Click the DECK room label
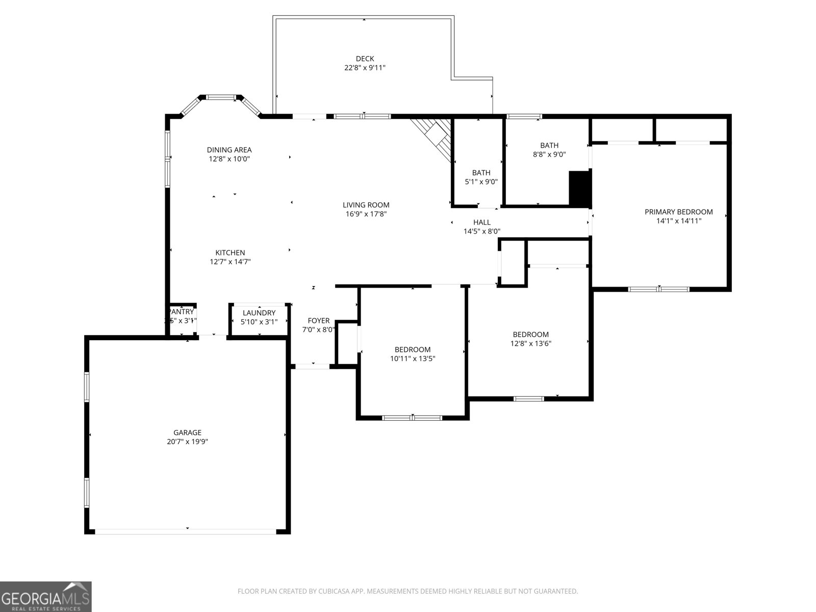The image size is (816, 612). pyautogui.click(x=365, y=59)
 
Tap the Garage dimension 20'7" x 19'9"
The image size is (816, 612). pyautogui.click(x=187, y=442)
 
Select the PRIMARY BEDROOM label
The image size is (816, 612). pyautogui.click(x=678, y=212)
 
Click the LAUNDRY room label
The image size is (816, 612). pyautogui.click(x=259, y=313)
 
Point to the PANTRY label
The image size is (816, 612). pyautogui.click(x=182, y=312)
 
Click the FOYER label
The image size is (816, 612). pyautogui.click(x=319, y=321)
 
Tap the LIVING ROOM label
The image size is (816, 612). pyautogui.click(x=366, y=205)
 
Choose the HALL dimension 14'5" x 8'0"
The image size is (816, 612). pyautogui.click(x=481, y=231)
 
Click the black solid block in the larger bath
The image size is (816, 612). pyautogui.click(x=579, y=189)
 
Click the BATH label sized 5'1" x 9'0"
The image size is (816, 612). pyautogui.click(x=481, y=173)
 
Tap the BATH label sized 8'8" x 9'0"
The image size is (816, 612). pyautogui.click(x=549, y=145)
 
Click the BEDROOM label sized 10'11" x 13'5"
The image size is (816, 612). pyautogui.click(x=412, y=349)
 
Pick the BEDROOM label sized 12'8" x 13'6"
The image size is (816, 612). pyautogui.click(x=530, y=335)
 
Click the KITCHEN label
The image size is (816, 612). pyautogui.click(x=230, y=252)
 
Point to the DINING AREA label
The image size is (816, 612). pyautogui.click(x=229, y=150)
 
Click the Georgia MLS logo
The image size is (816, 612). pyautogui.click(x=46, y=597)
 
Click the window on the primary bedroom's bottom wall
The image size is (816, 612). pyautogui.click(x=658, y=289)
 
